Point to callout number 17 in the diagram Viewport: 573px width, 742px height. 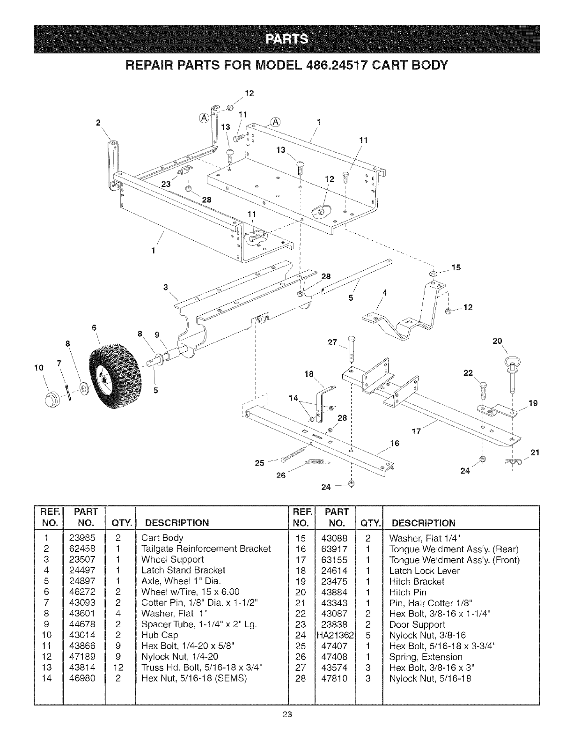pos(416,431)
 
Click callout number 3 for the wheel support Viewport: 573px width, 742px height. pos(166,287)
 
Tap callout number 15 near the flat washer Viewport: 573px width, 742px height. pos(456,267)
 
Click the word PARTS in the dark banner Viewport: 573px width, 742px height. pos(286,40)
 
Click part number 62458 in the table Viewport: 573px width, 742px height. pos(82,549)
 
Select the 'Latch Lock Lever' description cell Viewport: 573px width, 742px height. pos(425,571)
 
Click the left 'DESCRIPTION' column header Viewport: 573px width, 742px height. pos(177,523)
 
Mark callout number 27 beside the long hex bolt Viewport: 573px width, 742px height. pos(332,342)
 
